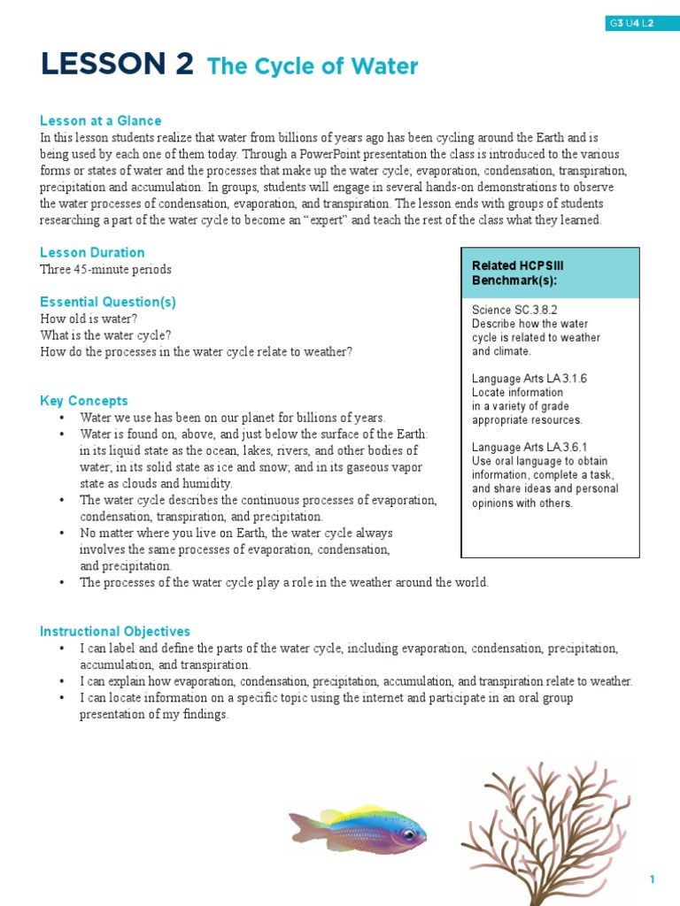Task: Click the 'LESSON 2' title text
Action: point(116,65)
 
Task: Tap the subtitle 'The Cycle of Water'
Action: point(312,66)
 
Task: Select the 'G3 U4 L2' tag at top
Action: point(630,24)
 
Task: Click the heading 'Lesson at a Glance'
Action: point(100,120)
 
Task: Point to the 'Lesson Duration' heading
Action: point(92,252)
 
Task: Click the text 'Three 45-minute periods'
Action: point(105,269)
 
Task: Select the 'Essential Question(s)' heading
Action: point(108,302)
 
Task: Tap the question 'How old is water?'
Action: point(89,319)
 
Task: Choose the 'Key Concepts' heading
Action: point(84,401)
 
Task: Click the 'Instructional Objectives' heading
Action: point(115,632)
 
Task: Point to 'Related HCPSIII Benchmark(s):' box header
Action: point(518,273)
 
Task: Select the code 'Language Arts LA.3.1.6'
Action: point(529,379)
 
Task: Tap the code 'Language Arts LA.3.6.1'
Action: point(529,448)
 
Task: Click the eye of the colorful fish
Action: point(407,833)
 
